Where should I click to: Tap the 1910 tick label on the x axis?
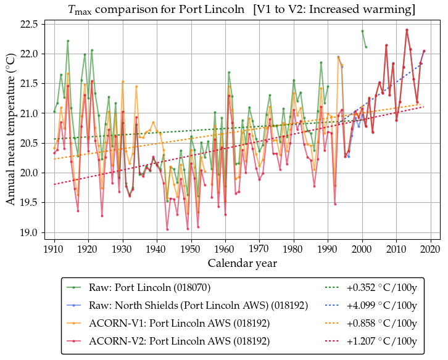pos(54,249)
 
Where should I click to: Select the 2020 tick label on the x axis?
pos(430,249)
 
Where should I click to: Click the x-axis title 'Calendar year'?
pos(242,264)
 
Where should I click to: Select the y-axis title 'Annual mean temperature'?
pos(11,131)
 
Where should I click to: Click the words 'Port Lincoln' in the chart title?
pos(219,10)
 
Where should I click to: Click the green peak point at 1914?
pos(68,41)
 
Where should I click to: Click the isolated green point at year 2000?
pos(362,31)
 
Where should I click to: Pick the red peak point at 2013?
pos(407,30)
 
